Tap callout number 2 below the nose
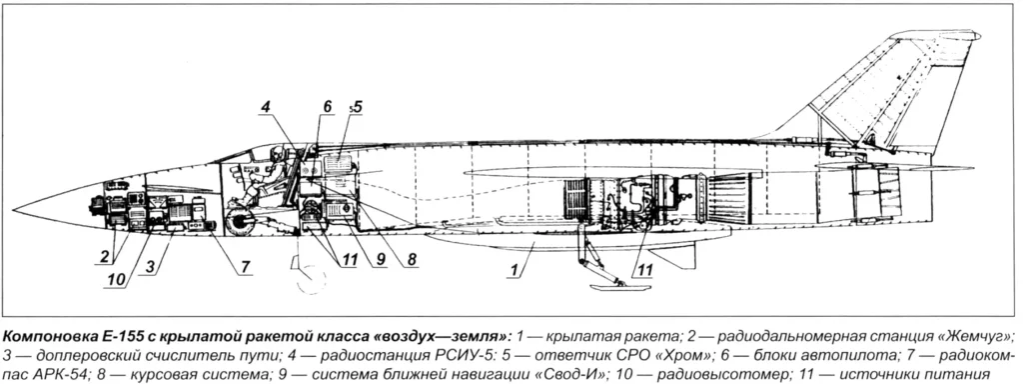[102, 256]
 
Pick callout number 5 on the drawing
[357, 106]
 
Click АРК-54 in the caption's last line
[53, 373]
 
